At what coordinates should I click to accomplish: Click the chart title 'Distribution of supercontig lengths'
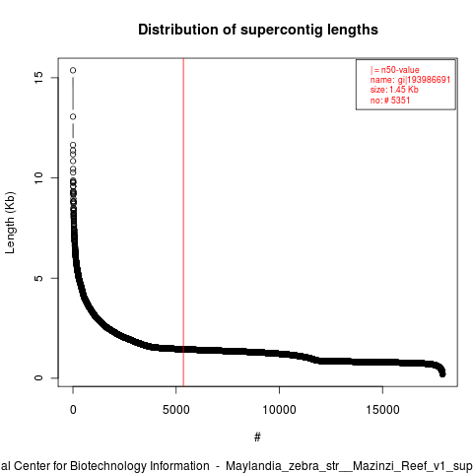[258, 30]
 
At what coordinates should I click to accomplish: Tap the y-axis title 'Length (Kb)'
[10, 223]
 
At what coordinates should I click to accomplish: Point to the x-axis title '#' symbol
[257, 437]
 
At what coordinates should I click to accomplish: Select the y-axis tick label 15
[38, 77]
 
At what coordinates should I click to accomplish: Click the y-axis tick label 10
[38, 177]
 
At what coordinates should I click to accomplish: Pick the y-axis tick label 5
[38, 278]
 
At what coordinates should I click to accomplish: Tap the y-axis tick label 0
[38, 377]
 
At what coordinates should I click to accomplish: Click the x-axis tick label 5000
[176, 410]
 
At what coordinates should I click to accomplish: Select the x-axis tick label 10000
[279, 410]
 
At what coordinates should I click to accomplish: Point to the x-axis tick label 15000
[382, 410]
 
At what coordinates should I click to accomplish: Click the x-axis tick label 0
[73, 410]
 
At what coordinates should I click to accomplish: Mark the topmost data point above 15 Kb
[73, 70]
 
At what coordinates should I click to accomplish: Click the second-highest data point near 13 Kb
[73, 116]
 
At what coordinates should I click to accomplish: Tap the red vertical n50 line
[183, 223]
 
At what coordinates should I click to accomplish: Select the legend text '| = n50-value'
[395, 70]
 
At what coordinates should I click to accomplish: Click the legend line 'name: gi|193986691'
[410, 80]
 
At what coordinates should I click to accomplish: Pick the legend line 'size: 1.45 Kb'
[394, 90]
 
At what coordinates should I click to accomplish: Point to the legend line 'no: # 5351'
[390, 100]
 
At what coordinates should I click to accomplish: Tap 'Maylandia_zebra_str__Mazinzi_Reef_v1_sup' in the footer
[349, 466]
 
